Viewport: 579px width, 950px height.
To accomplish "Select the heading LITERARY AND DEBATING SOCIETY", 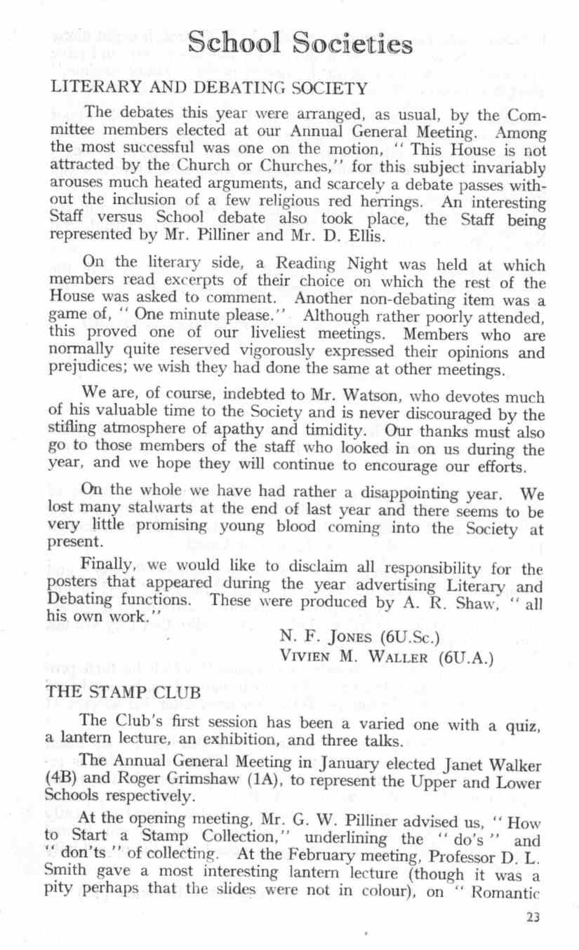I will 206,88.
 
